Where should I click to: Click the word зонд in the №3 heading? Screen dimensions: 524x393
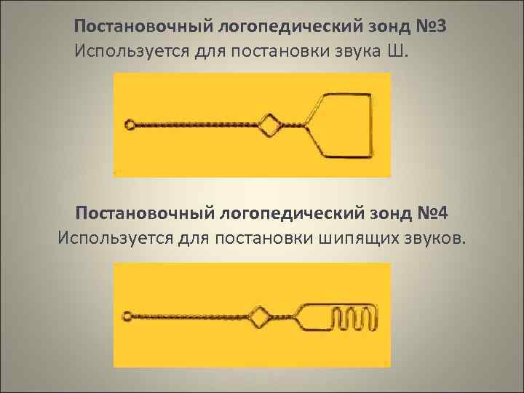click(x=378, y=27)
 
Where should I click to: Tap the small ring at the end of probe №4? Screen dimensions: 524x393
click(x=130, y=317)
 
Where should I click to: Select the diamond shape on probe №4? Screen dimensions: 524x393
click(x=260, y=317)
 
